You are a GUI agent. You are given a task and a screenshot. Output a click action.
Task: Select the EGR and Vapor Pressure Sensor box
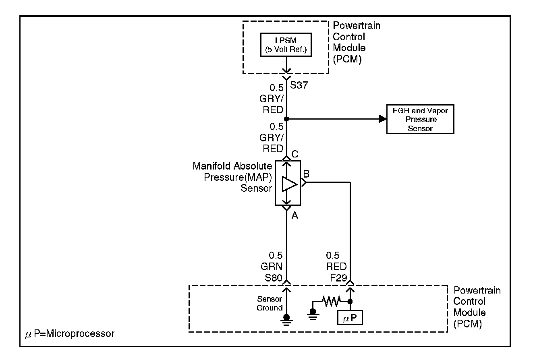pyautogui.click(x=420, y=120)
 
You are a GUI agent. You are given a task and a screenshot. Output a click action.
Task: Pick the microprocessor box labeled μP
pyautogui.click(x=350, y=318)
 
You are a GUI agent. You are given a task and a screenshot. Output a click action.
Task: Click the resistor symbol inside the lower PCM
pyautogui.click(x=331, y=300)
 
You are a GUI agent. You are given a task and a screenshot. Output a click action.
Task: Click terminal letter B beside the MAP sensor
pyautogui.click(x=306, y=174)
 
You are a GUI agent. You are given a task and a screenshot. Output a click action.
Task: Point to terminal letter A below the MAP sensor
pyautogui.click(x=294, y=216)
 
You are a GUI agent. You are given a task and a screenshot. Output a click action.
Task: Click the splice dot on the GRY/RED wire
pyautogui.click(x=286, y=119)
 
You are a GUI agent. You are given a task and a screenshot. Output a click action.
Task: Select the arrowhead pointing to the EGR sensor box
pyautogui.click(x=381, y=119)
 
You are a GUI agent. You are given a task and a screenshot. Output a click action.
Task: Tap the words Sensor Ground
pyautogui.click(x=270, y=304)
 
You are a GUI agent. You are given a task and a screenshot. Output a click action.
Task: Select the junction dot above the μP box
pyautogui.click(x=350, y=301)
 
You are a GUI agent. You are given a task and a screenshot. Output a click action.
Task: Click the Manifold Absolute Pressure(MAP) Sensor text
pyautogui.click(x=232, y=177)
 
